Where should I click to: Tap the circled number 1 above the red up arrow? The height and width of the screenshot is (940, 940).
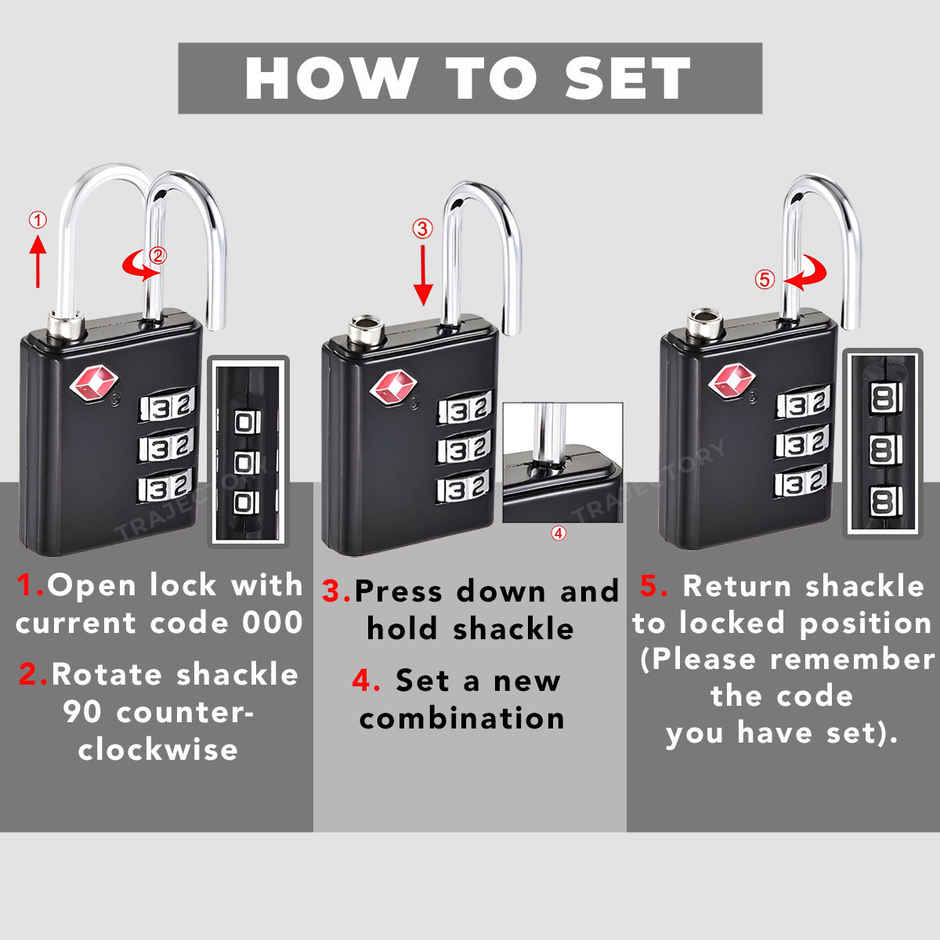point(37,219)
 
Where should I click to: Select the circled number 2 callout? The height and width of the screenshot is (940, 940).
point(158,256)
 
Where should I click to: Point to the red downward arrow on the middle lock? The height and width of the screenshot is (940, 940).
point(423,272)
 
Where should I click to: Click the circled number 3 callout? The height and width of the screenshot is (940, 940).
point(423,228)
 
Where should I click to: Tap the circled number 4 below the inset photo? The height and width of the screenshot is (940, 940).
point(559,533)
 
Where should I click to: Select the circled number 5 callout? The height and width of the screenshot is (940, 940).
point(765,280)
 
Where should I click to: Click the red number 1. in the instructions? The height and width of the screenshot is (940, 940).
point(32,585)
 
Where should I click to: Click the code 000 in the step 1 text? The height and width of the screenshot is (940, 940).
point(272,622)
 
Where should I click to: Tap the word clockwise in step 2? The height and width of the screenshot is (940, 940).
point(158,749)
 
